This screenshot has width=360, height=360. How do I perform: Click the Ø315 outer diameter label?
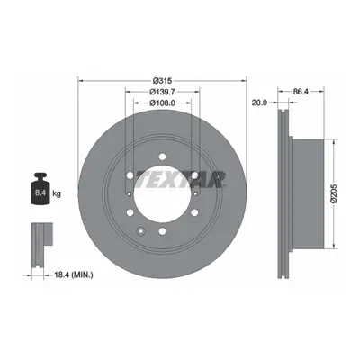tap(162, 80)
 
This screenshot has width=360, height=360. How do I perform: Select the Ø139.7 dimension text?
tap(162, 92)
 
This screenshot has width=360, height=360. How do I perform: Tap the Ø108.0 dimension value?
tap(162, 103)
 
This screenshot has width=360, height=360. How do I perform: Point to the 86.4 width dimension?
tap(301, 92)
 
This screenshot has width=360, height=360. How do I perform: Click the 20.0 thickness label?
tap(259, 103)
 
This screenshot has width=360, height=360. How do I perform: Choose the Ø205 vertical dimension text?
tap(335, 193)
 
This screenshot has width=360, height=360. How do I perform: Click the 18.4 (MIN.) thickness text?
tap(73, 274)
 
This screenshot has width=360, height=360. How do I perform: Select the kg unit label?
tap(57, 193)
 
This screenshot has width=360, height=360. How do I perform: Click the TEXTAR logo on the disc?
tap(180, 179)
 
